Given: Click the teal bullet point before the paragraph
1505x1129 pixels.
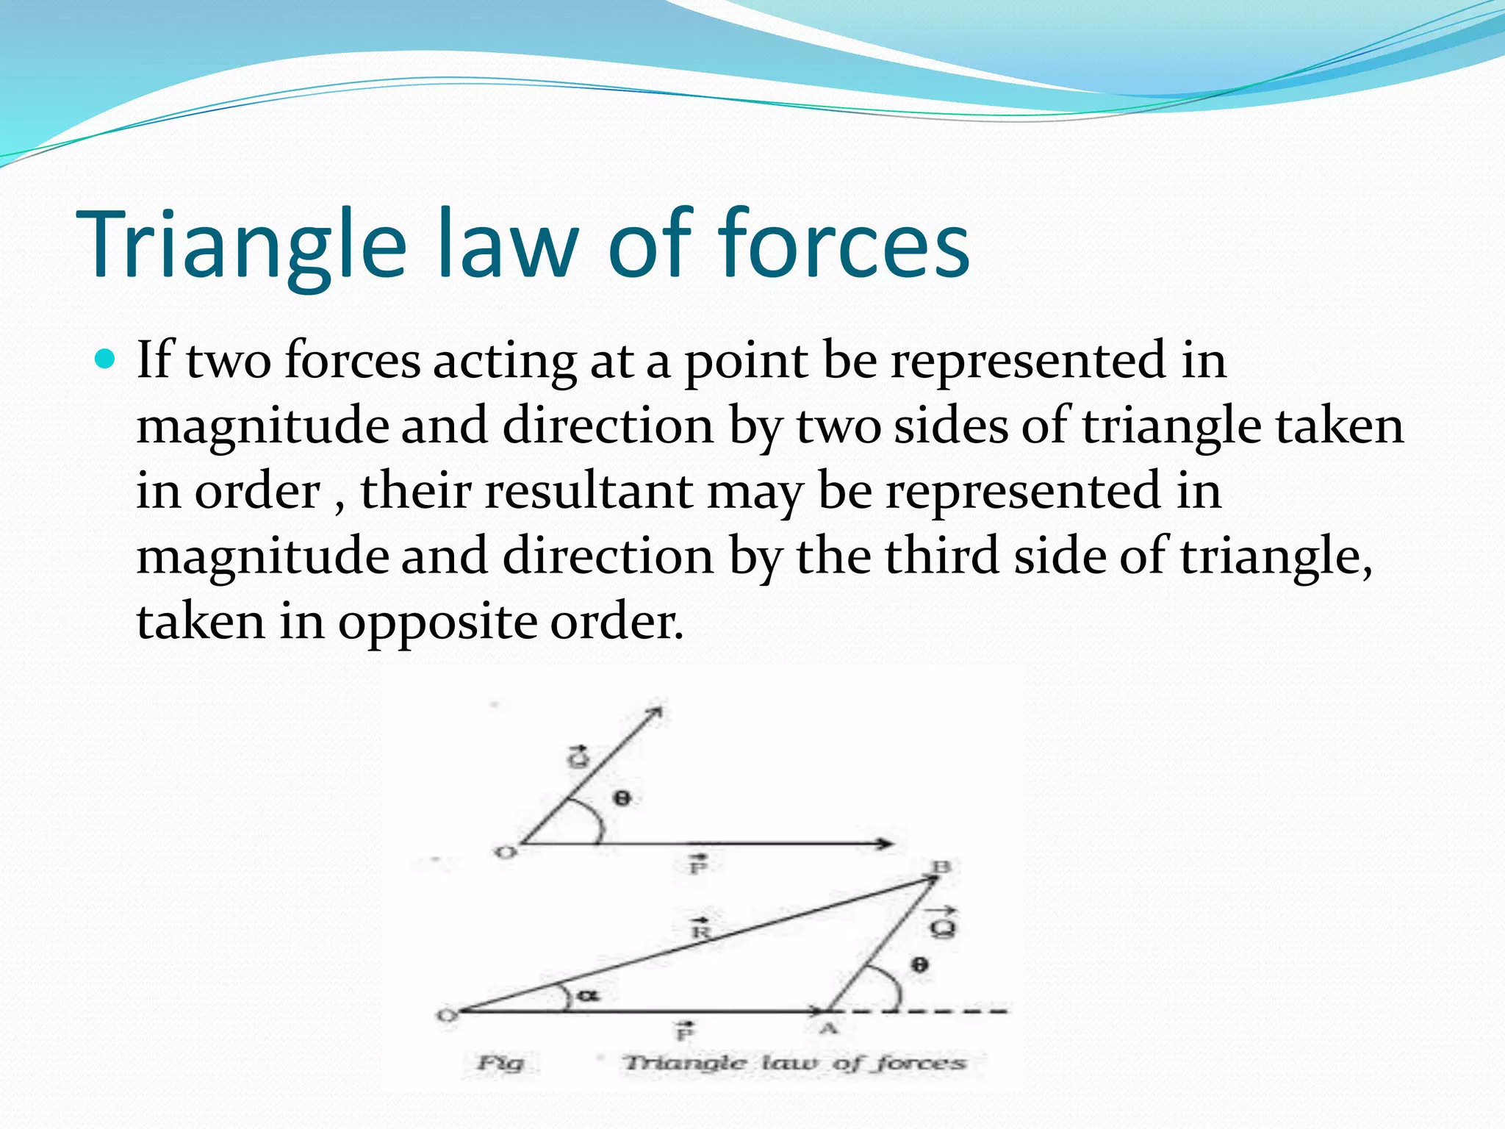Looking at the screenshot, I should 106,359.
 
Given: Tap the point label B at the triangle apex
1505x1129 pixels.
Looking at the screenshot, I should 941,868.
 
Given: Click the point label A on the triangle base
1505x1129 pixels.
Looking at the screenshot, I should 829,1028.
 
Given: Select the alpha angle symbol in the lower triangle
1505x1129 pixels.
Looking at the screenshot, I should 588,996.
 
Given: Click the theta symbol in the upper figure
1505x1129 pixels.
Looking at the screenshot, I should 622,798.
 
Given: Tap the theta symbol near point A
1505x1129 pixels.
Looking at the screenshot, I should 919,964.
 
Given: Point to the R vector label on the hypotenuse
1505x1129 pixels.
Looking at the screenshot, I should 702,929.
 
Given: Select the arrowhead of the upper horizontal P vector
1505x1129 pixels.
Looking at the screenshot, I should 887,844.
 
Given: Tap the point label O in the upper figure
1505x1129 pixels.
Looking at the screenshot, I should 506,853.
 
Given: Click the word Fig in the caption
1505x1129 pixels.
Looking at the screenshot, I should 501,1062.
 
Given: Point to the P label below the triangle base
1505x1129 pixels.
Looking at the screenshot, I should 684,1032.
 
